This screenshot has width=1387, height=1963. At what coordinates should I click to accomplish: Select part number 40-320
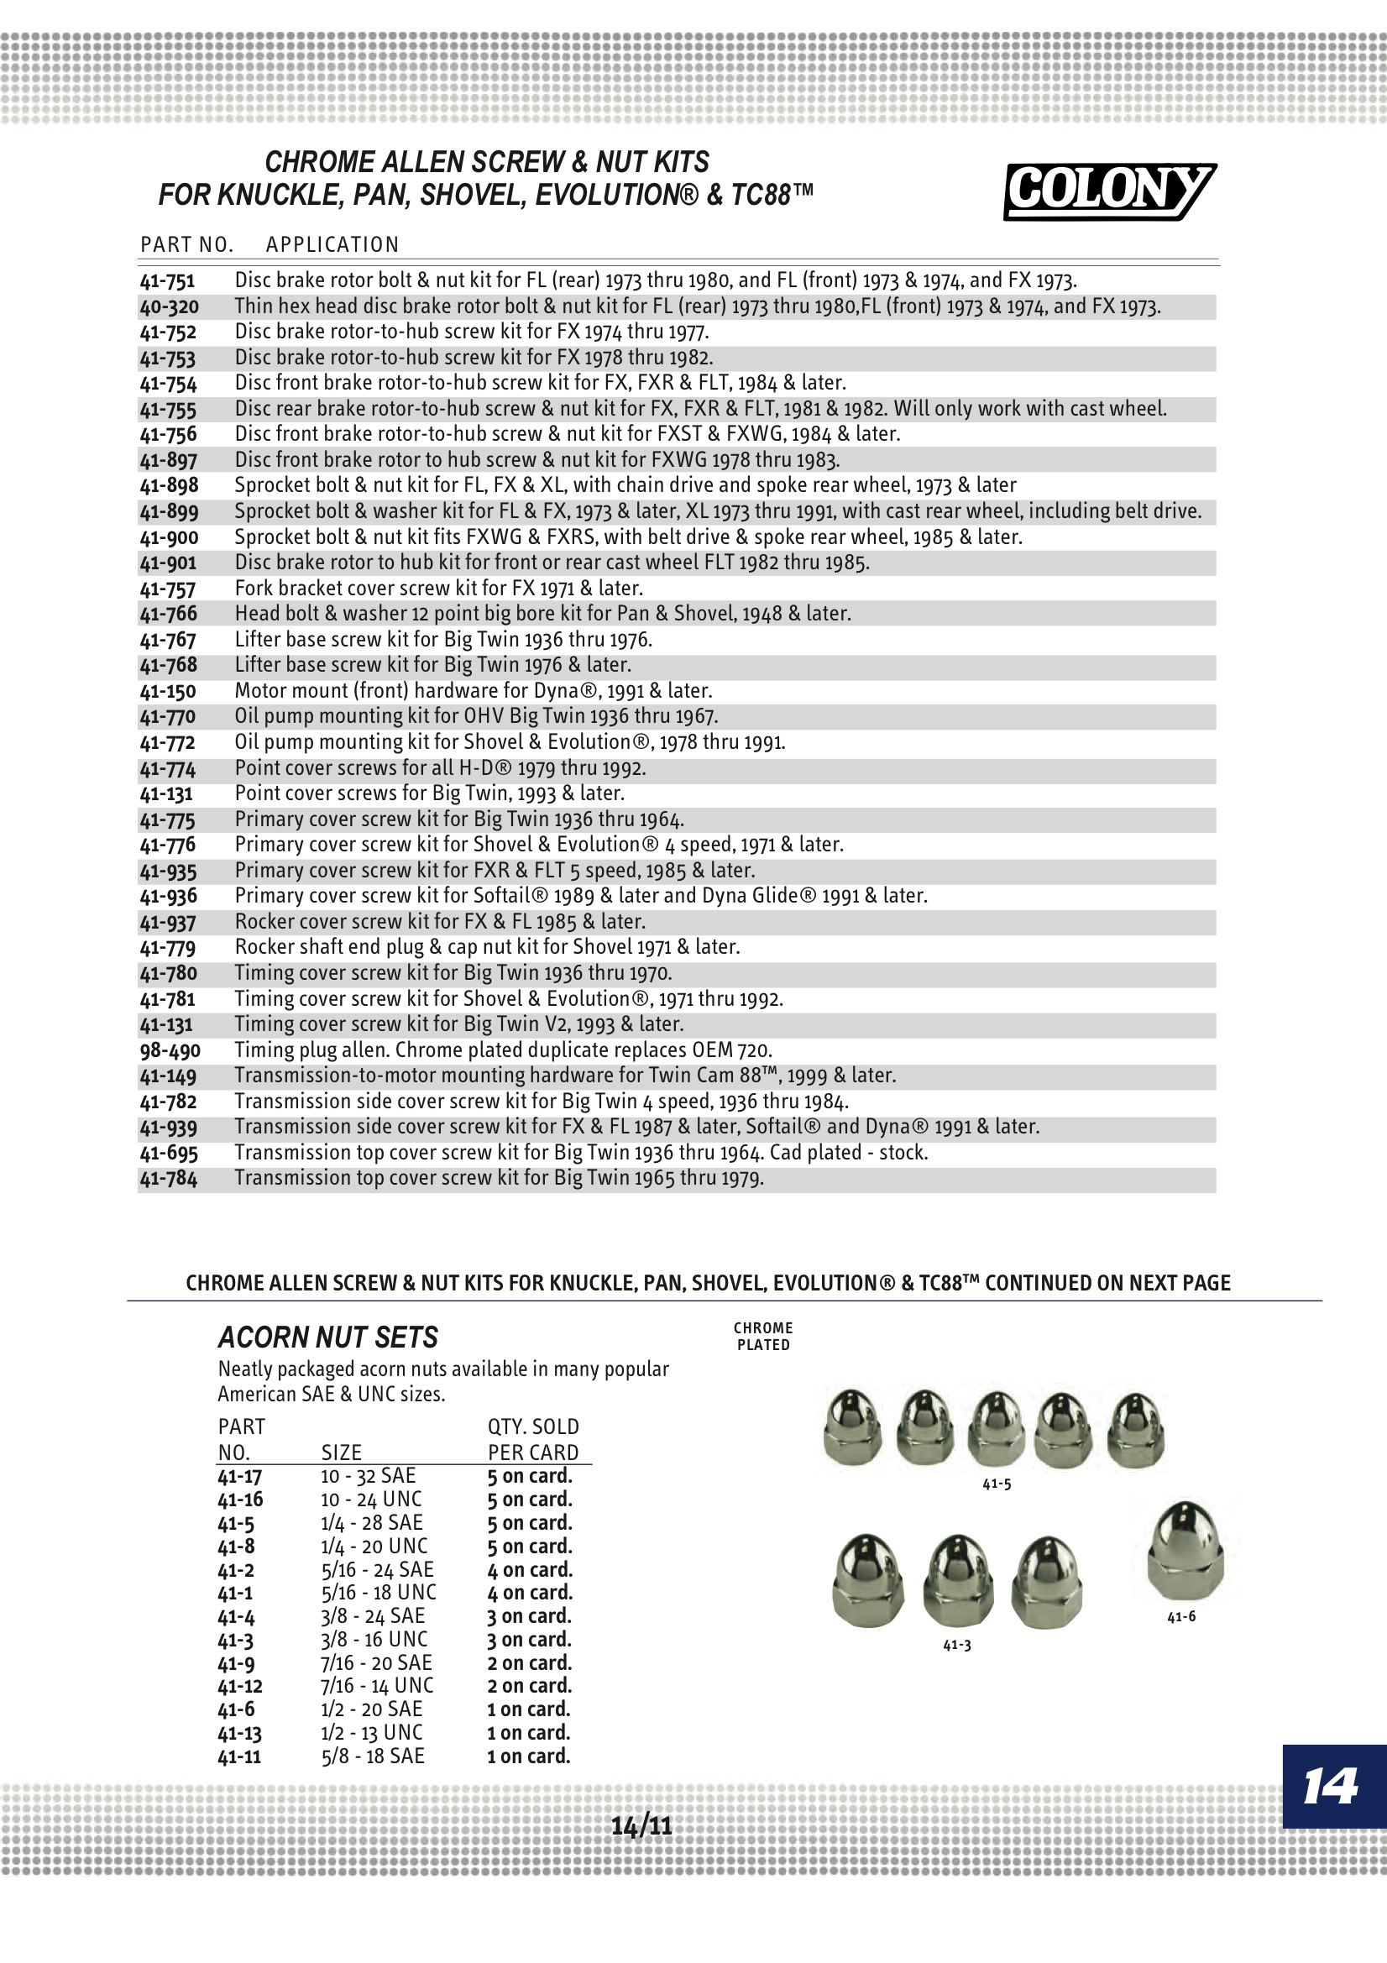point(170,307)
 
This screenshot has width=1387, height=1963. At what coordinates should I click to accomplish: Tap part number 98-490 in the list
point(170,1050)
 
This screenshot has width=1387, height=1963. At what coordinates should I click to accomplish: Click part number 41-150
point(168,691)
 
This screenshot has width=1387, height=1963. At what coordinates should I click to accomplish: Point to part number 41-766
point(169,614)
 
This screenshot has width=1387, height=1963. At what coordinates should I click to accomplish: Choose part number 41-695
point(169,1154)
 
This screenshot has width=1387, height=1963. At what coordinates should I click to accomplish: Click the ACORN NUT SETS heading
point(327,1337)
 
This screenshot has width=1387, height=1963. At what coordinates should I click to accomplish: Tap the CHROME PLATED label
point(762,1337)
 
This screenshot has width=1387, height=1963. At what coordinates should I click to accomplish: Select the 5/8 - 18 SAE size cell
point(373,1756)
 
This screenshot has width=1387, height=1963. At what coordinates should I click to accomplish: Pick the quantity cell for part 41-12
point(529,1686)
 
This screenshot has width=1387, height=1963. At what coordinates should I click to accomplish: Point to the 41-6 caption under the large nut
point(1181,1617)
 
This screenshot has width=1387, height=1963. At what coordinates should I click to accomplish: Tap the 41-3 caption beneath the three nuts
point(957,1645)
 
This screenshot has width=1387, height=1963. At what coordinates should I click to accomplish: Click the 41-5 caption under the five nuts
point(997,1484)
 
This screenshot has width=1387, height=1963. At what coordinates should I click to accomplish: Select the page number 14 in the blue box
point(1330,1786)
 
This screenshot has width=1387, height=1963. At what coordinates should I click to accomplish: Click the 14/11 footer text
point(641,1826)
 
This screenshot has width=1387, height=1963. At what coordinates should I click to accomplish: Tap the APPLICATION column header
point(332,245)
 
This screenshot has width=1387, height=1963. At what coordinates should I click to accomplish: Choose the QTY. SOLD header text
point(533,1427)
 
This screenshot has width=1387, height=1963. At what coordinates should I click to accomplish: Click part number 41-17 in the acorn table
point(239,1477)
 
